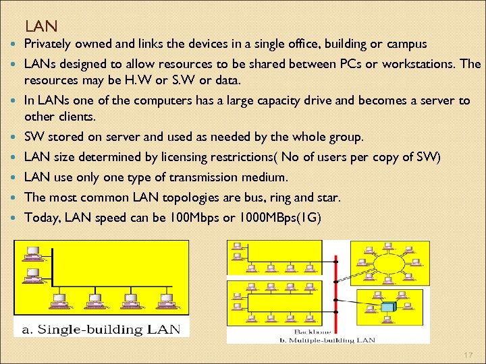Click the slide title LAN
(41, 26)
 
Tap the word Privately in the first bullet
(49, 44)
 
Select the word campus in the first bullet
(404, 44)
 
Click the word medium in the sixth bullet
(263, 177)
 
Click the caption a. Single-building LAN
(101, 330)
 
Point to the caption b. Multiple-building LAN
(337, 338)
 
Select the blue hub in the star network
(387, 307)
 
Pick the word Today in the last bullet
(40, 218)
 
